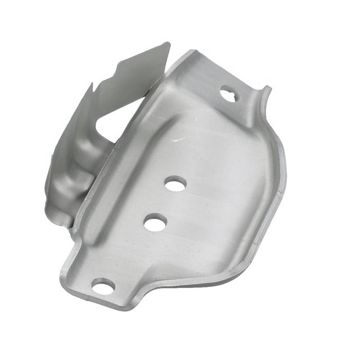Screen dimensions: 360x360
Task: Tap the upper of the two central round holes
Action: [x=176, y=184]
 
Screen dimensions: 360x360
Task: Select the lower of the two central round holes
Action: [x=154, y=223]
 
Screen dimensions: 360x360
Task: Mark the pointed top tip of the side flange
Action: [x=168, y=44]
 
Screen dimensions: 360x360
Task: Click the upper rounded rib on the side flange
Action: [x=90, y=149]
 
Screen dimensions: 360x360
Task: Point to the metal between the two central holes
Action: [x=165, y=203]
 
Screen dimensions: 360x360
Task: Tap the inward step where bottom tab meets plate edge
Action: [x=144, y=288]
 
